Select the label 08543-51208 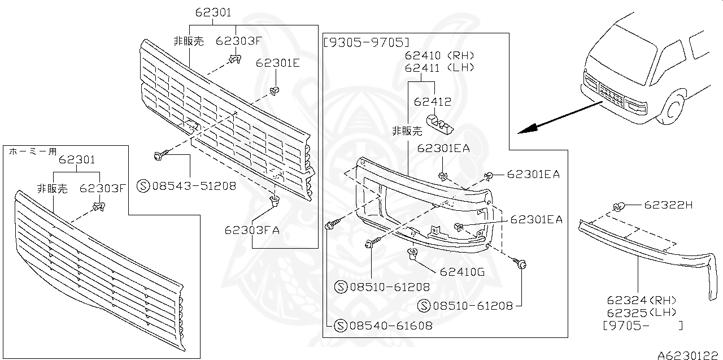pyautogui.click(x=193, y=185)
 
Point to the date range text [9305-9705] pyautogui.click(x=366, y=42)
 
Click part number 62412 pyautogui.click(x=433, y=102)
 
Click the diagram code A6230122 pyautogui.click(x=689, y=355)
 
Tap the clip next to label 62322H pyautogui.click(x=619, y=207)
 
